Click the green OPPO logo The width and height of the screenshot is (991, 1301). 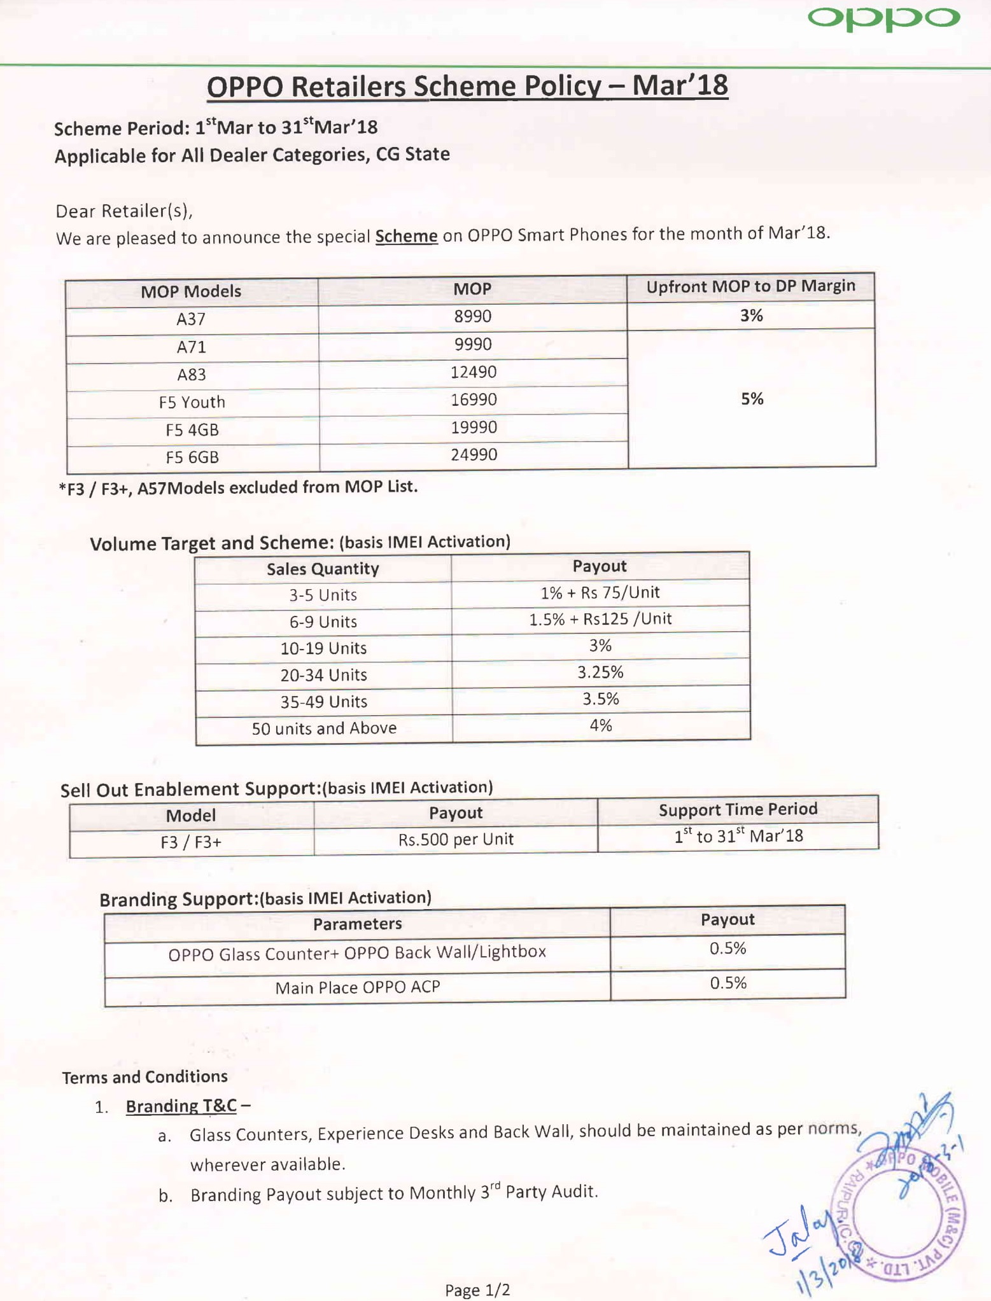click(x=883, y=18)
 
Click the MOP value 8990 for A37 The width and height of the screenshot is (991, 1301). click(x=472, y=316)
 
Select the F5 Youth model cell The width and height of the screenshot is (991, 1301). click(x=192, y=402)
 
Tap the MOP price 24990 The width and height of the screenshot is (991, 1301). click(x=474, y=455)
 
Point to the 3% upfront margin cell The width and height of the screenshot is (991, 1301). click(x=751, y=316)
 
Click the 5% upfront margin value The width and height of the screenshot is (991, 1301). click(x=752, y=399)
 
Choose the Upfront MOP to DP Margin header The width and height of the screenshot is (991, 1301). click(x=750, y=287)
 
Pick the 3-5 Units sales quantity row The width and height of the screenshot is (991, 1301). click(x=323, y=595)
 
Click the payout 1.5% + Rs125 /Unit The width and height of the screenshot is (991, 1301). click(x=600, y=619)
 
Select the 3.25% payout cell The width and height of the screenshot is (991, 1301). click(x=600, y=672)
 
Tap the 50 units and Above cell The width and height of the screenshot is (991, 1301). click(x=324, y=728)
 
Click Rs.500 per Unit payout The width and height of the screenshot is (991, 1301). click(x=456, y=839)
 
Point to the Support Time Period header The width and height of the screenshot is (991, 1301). click(x=738, y=810)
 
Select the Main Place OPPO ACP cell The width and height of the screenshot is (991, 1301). click(x=357, y=987)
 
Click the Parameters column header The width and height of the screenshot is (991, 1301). click(x=357, y=924)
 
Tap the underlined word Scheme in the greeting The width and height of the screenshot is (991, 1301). click(x=406, y=237)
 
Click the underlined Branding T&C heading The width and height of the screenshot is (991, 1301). click(x=181, y=1106)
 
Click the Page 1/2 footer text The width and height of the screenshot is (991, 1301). click(x=477, y=1290)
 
